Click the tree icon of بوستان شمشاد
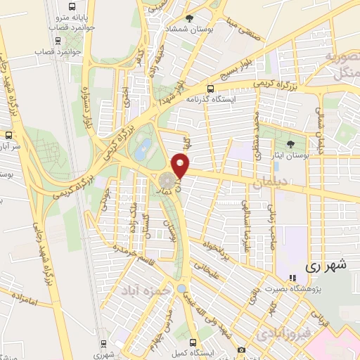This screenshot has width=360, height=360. pos(189,18)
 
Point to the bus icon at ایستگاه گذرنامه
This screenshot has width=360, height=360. pos(210,89)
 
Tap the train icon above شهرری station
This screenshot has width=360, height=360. pos(104,343)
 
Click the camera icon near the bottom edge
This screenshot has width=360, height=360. pos(241,349)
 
